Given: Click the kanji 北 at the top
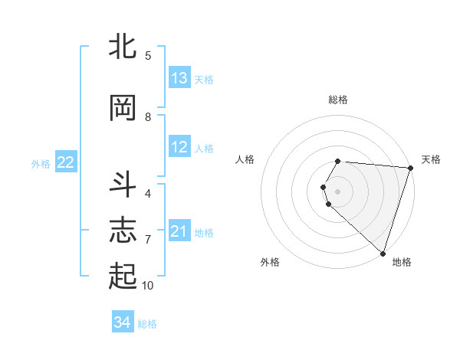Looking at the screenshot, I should (123, 47).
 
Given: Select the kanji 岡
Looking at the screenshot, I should (123, 108).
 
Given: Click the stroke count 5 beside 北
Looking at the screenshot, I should (148, 55).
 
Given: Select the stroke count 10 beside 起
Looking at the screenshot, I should (148, 285).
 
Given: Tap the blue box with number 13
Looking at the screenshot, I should (179, 78).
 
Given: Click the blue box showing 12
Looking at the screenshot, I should (179, 147).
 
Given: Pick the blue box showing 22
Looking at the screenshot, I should (66, 162).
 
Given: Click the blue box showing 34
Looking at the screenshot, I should (123, 323).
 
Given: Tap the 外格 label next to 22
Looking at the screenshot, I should (41, 163).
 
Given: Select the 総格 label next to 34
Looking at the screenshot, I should (147, 324).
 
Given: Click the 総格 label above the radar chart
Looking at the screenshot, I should (338, 100).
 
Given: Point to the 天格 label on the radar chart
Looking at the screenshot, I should (431, 159).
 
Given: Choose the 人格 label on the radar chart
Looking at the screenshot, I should (245, 159).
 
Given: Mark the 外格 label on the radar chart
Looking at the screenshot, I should (270, 262).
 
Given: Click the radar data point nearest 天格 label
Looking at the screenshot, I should (411, 168).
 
